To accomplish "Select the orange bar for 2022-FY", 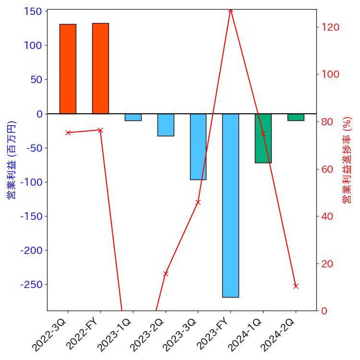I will pos(100,68).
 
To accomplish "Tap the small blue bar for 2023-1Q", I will pos(133,117).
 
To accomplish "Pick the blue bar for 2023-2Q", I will pos(166,125).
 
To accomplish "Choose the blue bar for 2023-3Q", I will pos(198,146).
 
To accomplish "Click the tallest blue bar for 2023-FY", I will pos(230,205).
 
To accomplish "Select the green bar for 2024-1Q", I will pos(263,138).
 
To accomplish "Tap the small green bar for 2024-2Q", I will pos(296,117).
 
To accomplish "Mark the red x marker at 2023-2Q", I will pos(166,274).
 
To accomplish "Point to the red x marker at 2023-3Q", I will pos(198,202).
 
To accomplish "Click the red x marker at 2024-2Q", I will pos(296,286).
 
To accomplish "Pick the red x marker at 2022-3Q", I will pos(68,132).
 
